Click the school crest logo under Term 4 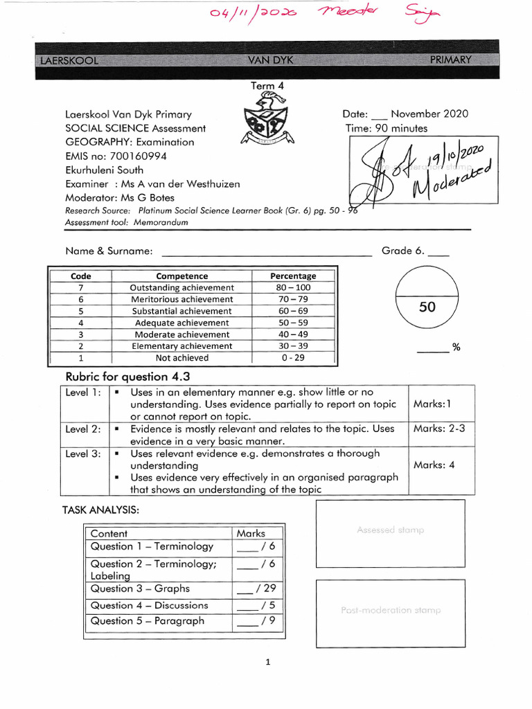click(x=266, y=120)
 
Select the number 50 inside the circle click(x=427, y=307)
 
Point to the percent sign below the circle click(x=456, y=348)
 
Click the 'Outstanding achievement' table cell click(x=182, y=287)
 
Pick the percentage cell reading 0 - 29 click(x=293, y=358)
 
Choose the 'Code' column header click(x=81, y=276)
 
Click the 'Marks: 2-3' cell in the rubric click(x=439, y=429)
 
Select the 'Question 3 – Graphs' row click(x=140, y=589)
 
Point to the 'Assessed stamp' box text click(x=390, y=530)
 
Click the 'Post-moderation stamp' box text click(x=390, y=610)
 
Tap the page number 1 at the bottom click(x=267, y=663)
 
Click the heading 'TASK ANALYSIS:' click(x=100, y=510)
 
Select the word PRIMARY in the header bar click(x=450, y=60)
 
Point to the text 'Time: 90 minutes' click(x=387, y=128)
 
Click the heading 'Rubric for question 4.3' click(x=127, y=377)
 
